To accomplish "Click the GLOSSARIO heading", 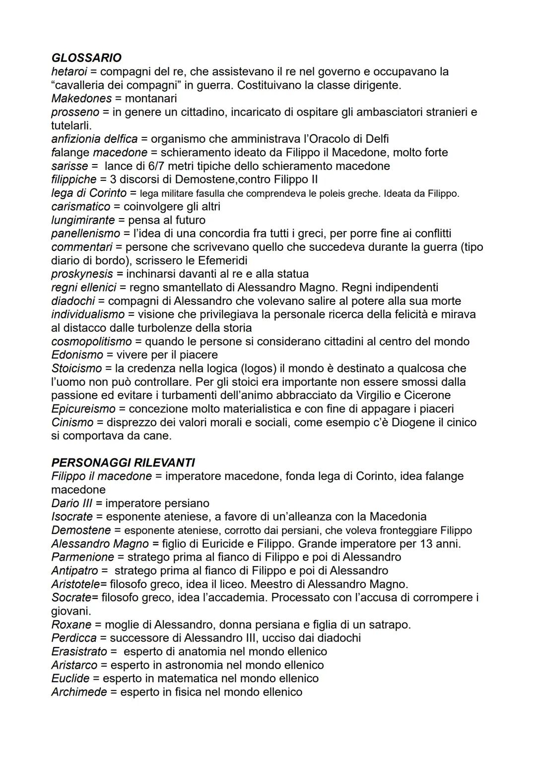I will coord(86,58).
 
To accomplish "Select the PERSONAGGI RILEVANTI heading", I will coord(123,463).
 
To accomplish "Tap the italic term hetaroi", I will coord(69,71).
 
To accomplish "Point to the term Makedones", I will coord(81,99).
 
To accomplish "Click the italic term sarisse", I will coord(69,166).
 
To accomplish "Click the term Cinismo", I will coord(72,422).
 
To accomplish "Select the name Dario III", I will coord(72,503).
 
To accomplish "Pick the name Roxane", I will coord(71,625).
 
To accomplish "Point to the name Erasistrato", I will coord(79,651).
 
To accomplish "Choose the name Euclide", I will coord(70,678).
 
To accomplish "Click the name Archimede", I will coord(79,692).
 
